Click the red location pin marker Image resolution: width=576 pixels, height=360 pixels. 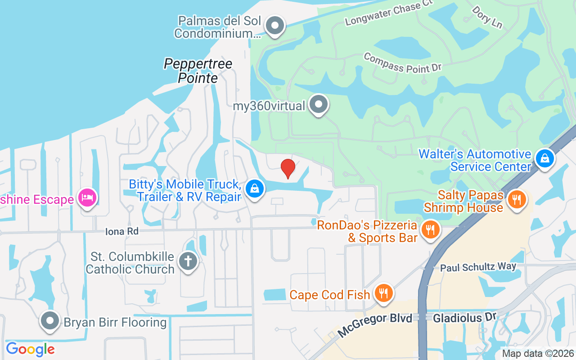pyautogui.click(x=288, y=168)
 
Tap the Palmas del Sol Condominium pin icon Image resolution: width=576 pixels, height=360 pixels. pyautogui.click(x=274, y=26)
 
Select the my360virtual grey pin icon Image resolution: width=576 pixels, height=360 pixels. pyautogui.click(x=319, y=104)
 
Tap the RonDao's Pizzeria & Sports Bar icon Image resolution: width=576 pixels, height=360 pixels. pyautogui.click(x=431, y=230)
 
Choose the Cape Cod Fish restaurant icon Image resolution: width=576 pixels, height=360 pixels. pyautogui.click(x=383, y=293)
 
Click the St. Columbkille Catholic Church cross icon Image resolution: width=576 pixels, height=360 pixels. pyautogui.click(x=188, y=261)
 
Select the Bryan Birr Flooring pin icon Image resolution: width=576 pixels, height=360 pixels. pyautogui.click(x=50, y=321)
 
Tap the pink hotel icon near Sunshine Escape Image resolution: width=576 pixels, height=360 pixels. pyautogui.click(x=87, y=198)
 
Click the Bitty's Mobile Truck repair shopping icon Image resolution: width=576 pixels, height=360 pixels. pyautogui.click(x=255, y=189)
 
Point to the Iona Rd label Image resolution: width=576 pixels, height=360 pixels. pyautogui.click(x=121, y=231)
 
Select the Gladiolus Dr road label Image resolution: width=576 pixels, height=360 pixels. pyautogui.click(x=464, y=318)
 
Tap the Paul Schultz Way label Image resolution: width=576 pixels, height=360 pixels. pyautogui.click(x=478, y=267)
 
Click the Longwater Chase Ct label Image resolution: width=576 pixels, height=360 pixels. pyautogui.click(x=388, y=13)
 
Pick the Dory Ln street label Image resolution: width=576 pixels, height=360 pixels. pyautogui.click(x=487, y=17)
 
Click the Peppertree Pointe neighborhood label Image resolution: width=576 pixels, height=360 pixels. pyautogui.click(x=198, y=71)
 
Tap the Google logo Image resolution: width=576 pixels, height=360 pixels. pyautogui.click(x=30, y=349)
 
